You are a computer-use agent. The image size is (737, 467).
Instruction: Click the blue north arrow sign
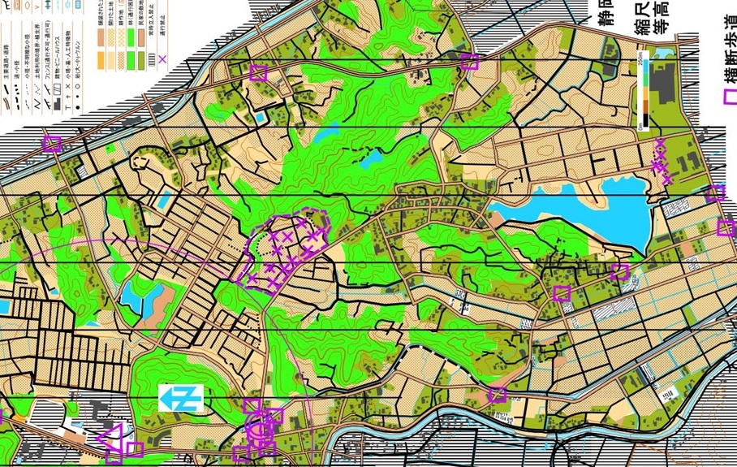click(x=180, y=398)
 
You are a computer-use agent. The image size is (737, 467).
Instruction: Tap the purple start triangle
click(x=110, y=438)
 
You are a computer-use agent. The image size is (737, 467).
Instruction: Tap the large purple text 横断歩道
click(x=726, y=50)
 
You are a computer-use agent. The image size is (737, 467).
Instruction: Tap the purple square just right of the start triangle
click(x=135, y=449)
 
